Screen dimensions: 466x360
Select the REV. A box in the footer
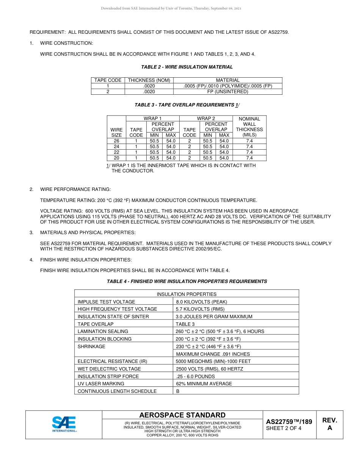tap(329, 424)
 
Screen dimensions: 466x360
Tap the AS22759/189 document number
tap(289, 422)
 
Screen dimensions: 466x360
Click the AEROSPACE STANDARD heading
tap(182, 415)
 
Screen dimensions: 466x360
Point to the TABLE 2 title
tap(187, 67)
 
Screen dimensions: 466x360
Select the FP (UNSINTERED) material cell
tap(227, 92)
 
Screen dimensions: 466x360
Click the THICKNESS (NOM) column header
tap(149, 80)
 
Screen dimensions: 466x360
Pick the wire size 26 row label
tap(116, 141)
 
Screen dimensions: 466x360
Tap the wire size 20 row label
tap(116, 158)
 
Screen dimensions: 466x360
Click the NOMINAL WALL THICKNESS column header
tap(249, 127)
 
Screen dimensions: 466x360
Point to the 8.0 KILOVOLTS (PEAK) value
tap(202, 302)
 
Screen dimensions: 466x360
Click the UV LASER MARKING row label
tap(101, 384)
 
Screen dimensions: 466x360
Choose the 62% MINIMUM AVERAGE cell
tap(204, 384)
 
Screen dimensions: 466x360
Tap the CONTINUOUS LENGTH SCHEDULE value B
tap(178, 391)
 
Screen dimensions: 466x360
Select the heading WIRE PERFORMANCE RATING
tap(75, 189)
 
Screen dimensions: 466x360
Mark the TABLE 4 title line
tap(187, 281)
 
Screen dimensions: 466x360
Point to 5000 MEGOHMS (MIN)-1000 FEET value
tap(213, 361)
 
